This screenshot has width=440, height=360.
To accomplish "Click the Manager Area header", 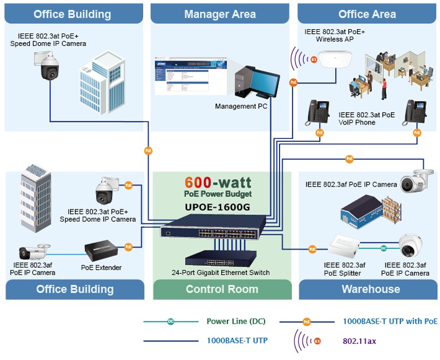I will point(220,14).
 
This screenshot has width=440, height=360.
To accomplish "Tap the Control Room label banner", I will point(222,289).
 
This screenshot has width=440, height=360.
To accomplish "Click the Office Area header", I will point(367,14).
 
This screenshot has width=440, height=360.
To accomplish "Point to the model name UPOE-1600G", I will point(222,207).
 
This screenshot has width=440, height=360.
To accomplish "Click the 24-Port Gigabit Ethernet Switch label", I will point(222,273).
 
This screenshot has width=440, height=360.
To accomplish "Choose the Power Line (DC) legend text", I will point(235,322).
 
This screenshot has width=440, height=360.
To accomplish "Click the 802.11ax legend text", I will point(359,340).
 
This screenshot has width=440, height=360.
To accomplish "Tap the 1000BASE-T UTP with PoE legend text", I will point(390,322).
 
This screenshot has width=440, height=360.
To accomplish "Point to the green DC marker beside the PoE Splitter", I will point(384,248).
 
